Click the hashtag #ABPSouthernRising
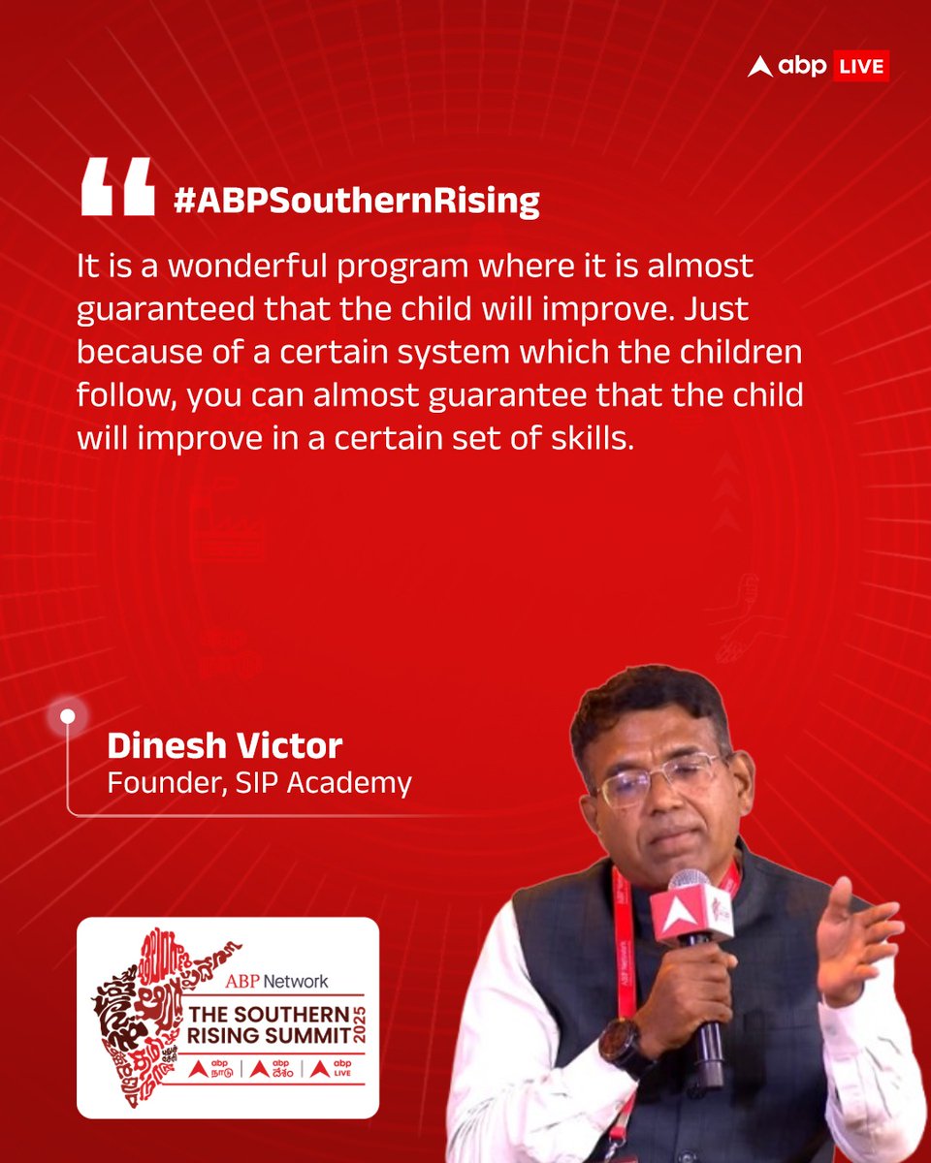pos(356,201)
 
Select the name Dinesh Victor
pos(224,745)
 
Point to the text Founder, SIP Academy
pos(259,782)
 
